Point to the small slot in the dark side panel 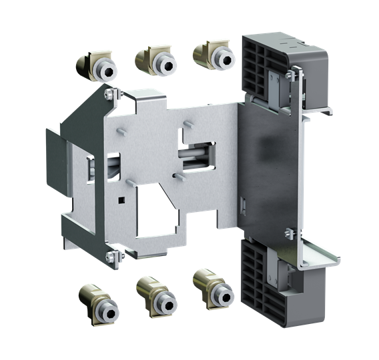[245, 203]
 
